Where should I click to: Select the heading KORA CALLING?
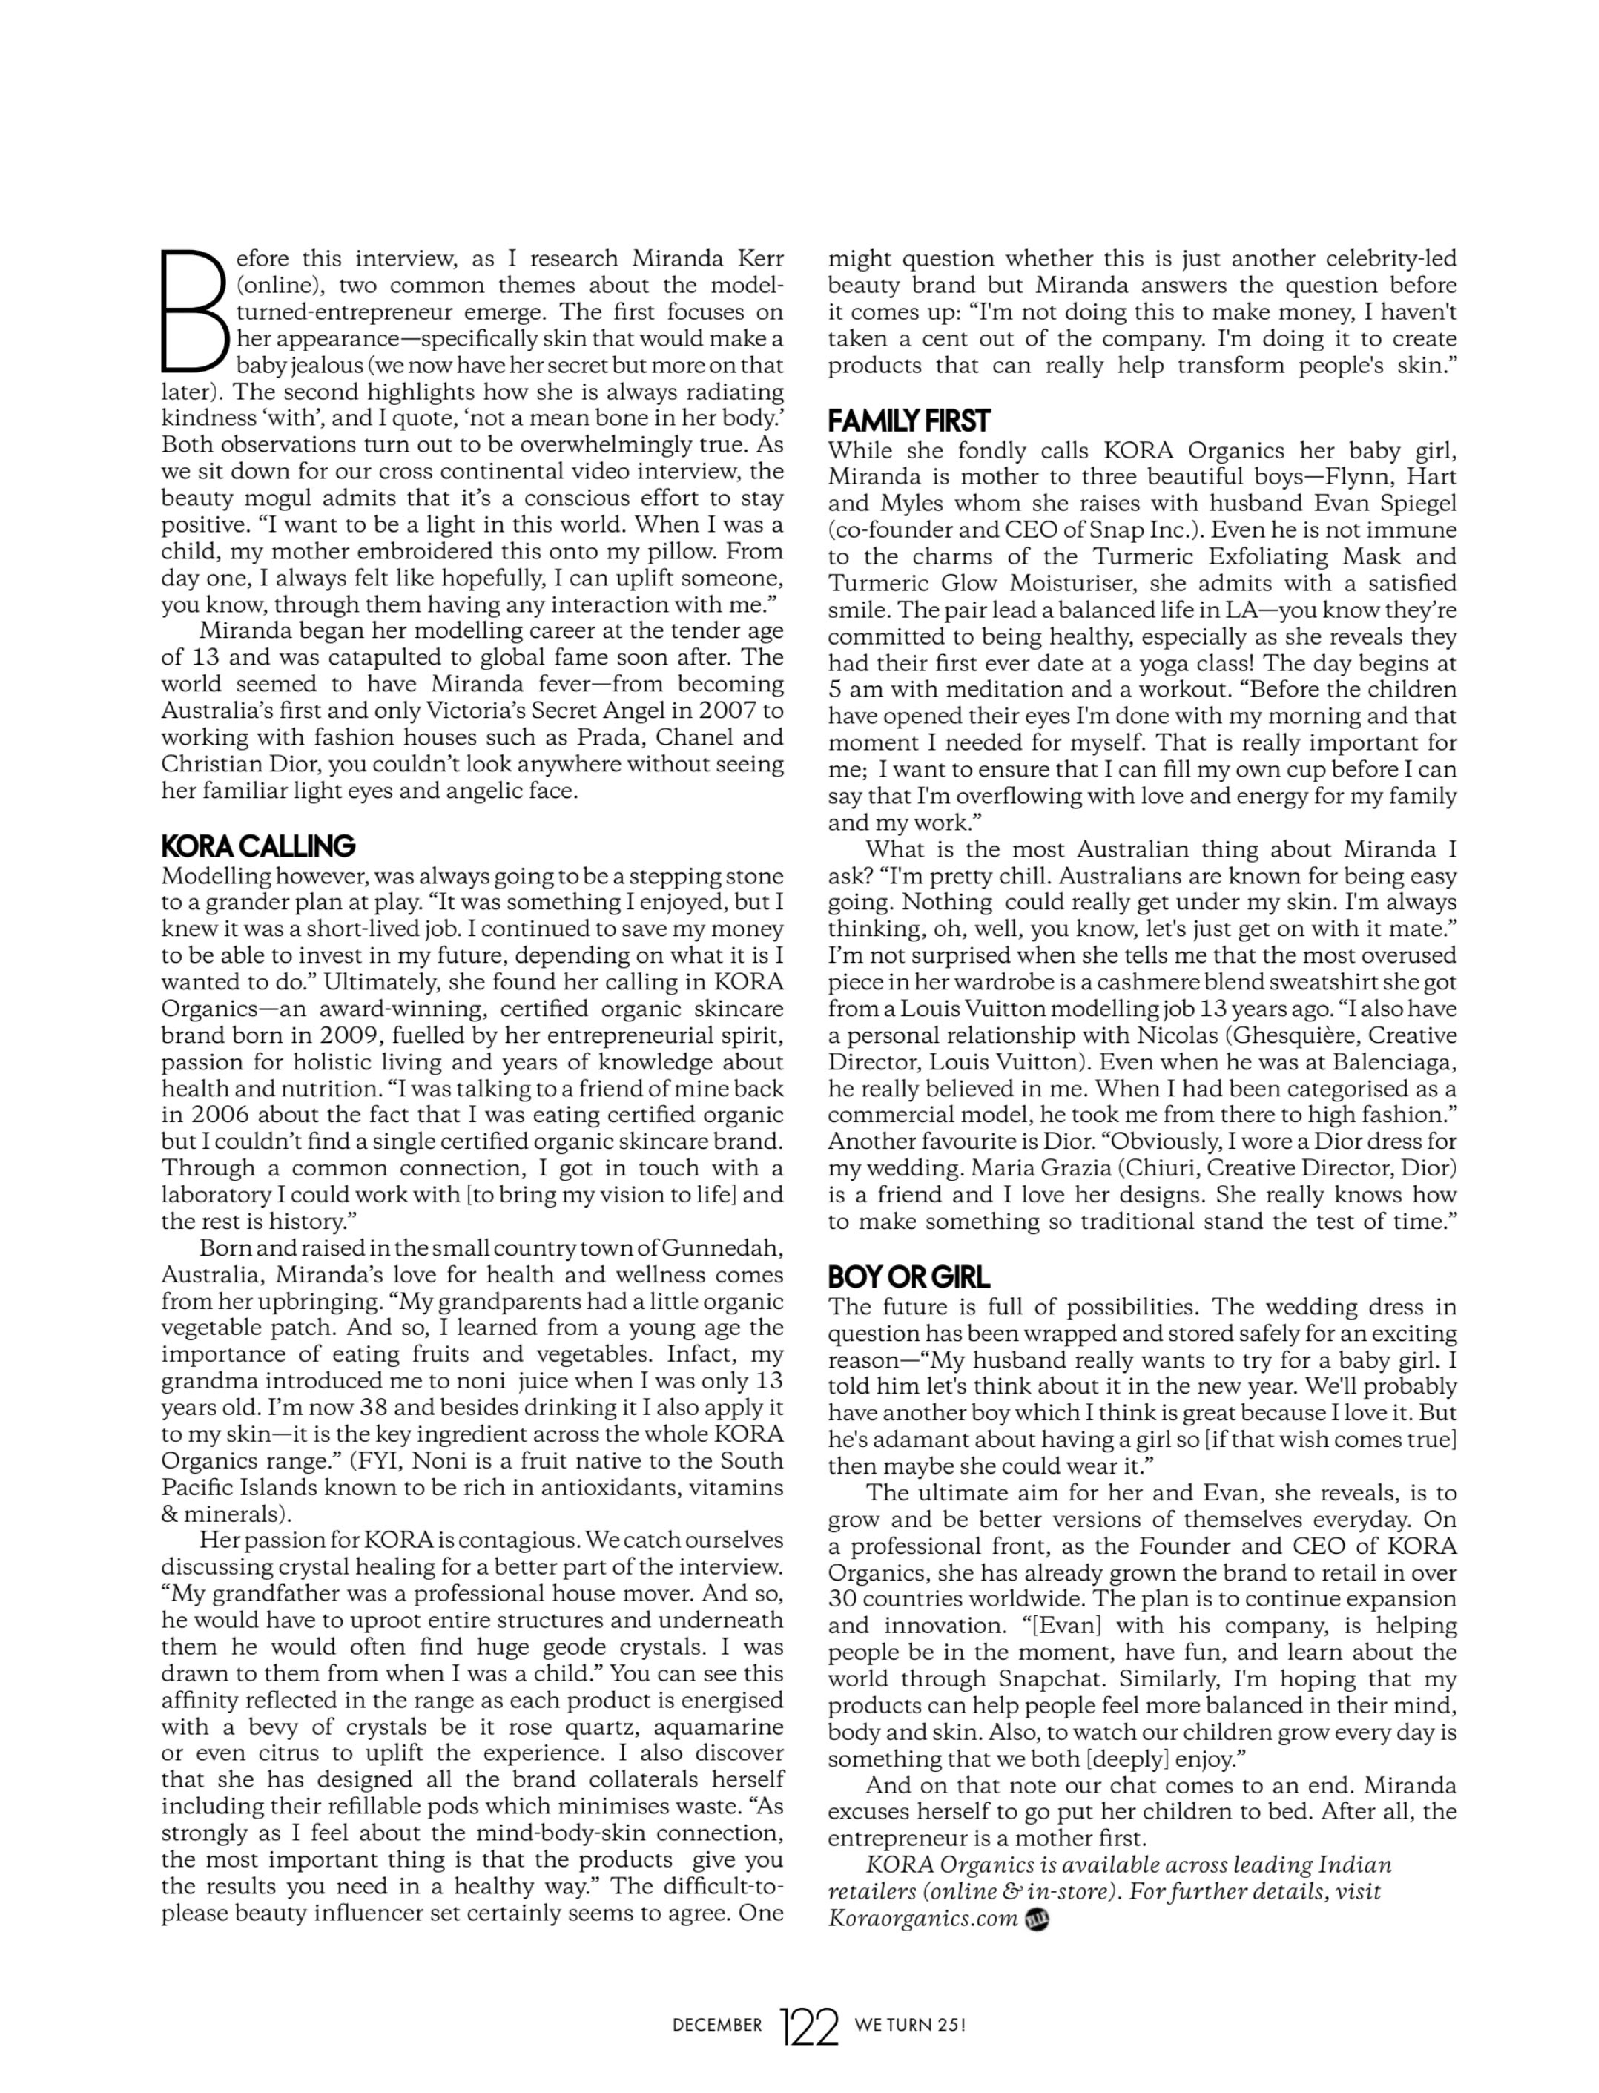pyautogui.click(x=258, y=846)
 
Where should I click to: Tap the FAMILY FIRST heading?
pyautogui.click(x=909, y=421)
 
